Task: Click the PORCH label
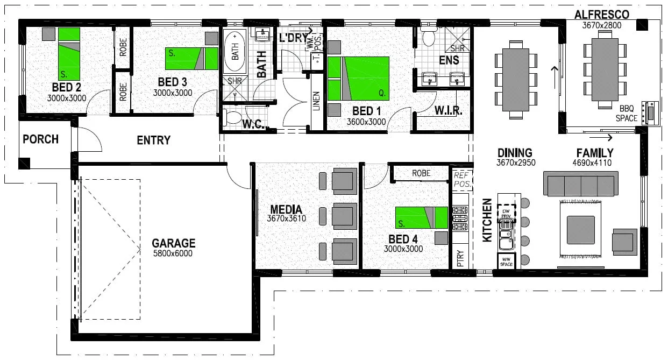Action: pos(40,139)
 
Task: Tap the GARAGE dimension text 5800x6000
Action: pos(173,253)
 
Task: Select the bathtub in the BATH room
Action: pos(235,52)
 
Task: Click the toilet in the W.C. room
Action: pos(233,117)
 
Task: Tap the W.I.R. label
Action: pos(446,111)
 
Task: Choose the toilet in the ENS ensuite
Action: pos(429,38)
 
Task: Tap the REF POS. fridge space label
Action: pos(462,179)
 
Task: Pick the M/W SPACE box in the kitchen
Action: pos(506,262)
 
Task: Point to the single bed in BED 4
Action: pos(422,217)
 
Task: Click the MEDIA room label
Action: pos(286,210)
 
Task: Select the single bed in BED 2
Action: pos(69,53)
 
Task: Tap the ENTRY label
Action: pos(153,140)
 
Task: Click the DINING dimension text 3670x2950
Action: pos(515,163)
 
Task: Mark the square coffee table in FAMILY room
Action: pos(580,230)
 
